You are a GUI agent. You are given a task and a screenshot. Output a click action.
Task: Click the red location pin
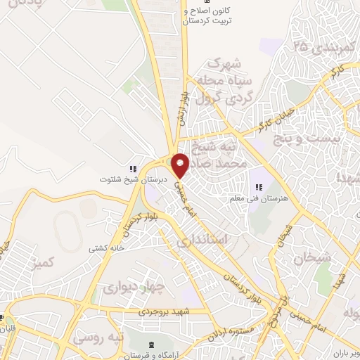point(181,166)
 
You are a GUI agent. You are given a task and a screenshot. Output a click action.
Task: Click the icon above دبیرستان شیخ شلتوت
point(132,169)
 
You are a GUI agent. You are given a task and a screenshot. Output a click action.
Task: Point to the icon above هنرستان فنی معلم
point(258,187)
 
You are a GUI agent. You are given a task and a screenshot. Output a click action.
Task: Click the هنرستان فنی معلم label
point(257,199)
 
